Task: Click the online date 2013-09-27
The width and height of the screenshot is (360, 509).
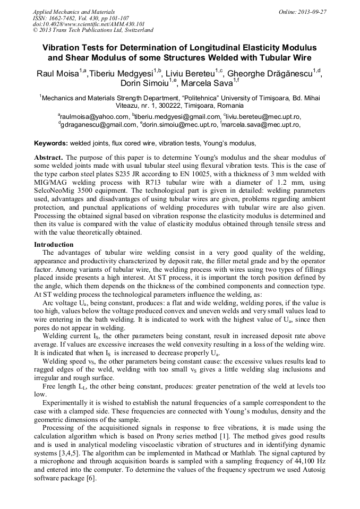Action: tap(312, 12)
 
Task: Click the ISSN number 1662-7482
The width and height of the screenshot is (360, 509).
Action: tap(66, 18)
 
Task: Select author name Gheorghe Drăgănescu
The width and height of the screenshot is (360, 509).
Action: tap(274, 73)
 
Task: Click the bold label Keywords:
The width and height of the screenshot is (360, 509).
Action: tap(51, 143)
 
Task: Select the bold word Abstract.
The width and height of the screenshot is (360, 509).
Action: tap(49, 158)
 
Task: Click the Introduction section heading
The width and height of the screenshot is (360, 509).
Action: tap(54, 245)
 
